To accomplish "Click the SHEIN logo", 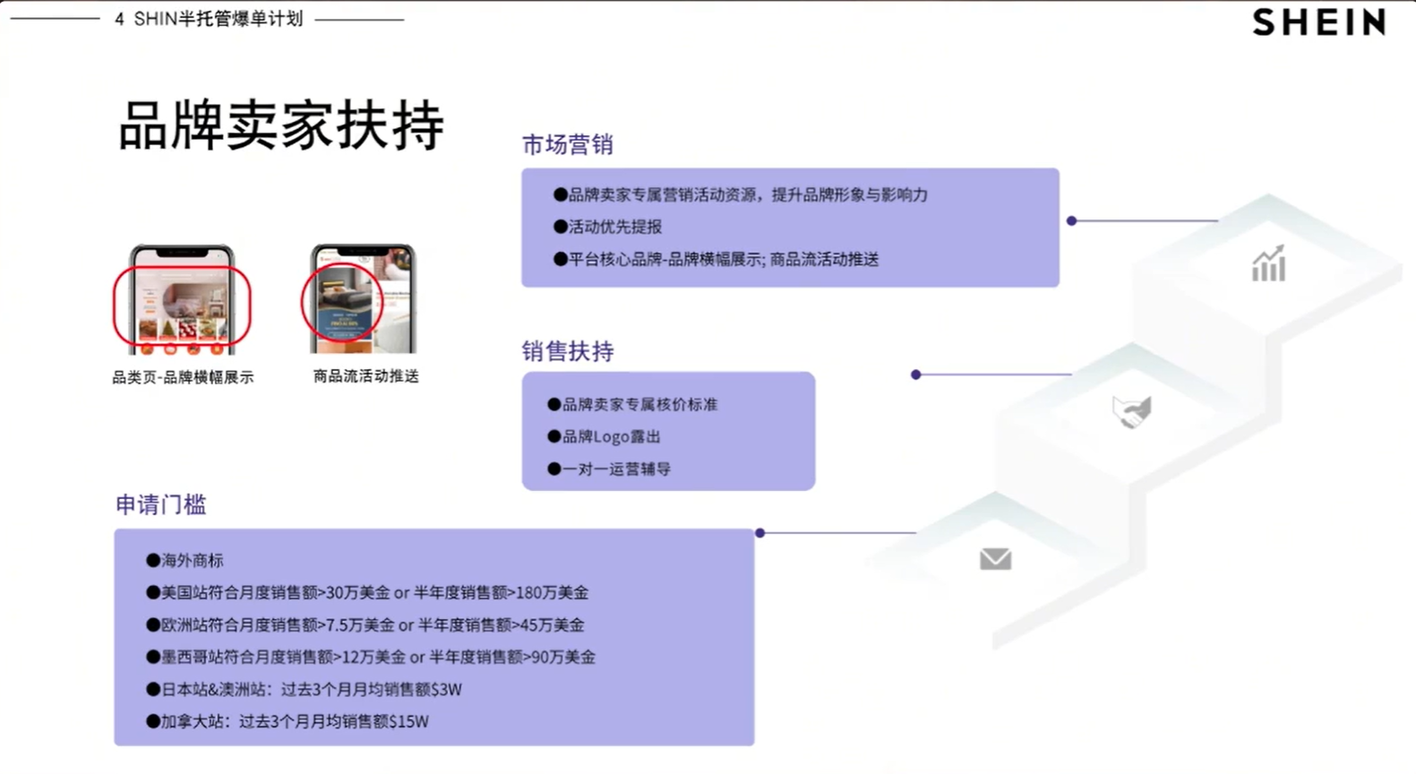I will pos(1319,21).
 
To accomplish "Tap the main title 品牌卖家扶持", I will pos(280,125).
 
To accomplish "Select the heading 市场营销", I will pos(568,145).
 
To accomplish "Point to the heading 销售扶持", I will pos(568,351).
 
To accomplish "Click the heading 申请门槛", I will pos(161,505).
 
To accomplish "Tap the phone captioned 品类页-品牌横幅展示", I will pos(182,299).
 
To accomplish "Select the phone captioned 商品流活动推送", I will pos(363,299).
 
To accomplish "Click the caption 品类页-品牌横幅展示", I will pos(183,377).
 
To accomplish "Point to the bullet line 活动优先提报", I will pos(614,227).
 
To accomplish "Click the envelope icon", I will pos(995,559).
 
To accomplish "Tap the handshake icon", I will pos(1132,412).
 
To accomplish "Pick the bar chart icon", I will pos(1268,264).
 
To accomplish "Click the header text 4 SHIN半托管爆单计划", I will pos(209,19).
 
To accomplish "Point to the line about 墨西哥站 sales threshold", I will pos(377,657).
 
